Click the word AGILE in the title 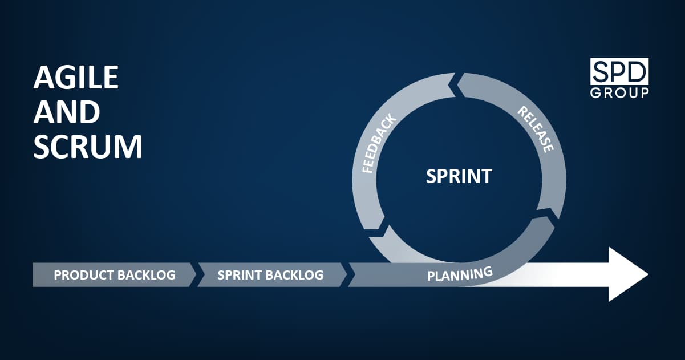point(76,78)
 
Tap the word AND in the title point(67,112)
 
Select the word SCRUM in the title point(88,147)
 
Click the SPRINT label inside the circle point(459,176)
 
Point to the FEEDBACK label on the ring point(379,143)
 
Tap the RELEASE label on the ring point(536,129)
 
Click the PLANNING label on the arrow point(460,274)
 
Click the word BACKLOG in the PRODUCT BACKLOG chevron point(147,275)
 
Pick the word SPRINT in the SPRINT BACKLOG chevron point(240,275)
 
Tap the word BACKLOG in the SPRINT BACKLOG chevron point(294,275)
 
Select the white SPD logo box point(619,71)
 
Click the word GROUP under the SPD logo point(619,92)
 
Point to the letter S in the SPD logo point(601,71)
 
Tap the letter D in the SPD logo point(637,71)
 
